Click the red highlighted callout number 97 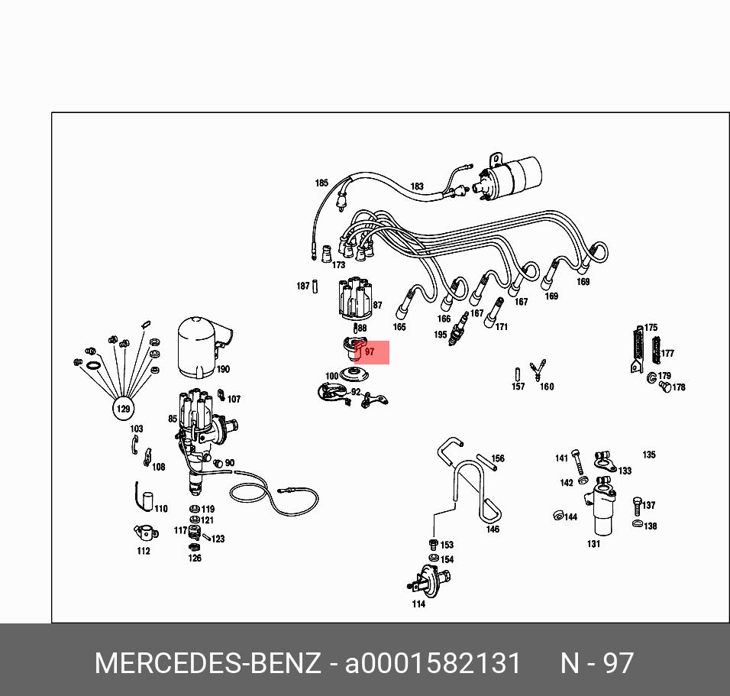370,351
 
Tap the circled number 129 124,409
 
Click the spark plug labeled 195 458,329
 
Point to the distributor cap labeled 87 355,299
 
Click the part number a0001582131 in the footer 432,663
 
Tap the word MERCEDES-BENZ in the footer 208,663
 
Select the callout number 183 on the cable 417,186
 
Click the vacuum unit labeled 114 430,580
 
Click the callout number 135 649,455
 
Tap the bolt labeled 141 578,461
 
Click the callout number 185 321,183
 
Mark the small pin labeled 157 517,374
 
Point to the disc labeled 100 354,374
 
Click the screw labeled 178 666,387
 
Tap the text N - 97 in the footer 597,663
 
